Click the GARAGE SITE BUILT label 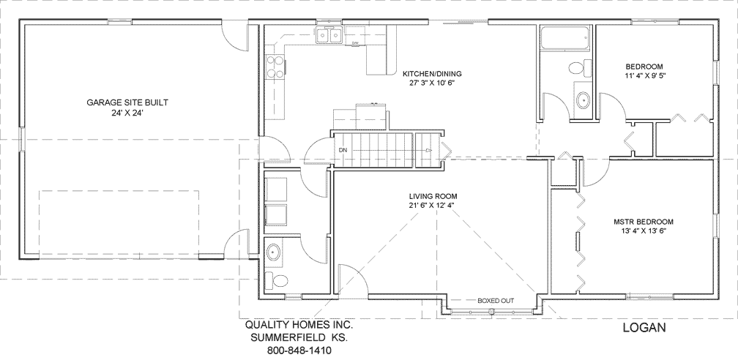click(x=128, y=102)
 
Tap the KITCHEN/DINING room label click(x=433, y=74)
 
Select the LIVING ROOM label click(x=433, y=196)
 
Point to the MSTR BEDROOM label click(x=644, y=221)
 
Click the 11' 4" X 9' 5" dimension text click(x=645, y=75)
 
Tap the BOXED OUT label click(x=496, y=301)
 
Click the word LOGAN click(x=644, y=328)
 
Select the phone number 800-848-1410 click(x=299, y=350)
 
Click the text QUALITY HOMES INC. click(x=299, y=324)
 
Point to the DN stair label click(x=343, y=151)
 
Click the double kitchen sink click(x=329, y=35)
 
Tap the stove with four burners click(x=275, y=67)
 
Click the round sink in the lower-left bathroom click(x=275, y=252)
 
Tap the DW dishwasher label click(x=354, y=44)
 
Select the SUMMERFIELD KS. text click(x=299, y=337)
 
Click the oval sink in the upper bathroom click(x=583, y=100)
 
